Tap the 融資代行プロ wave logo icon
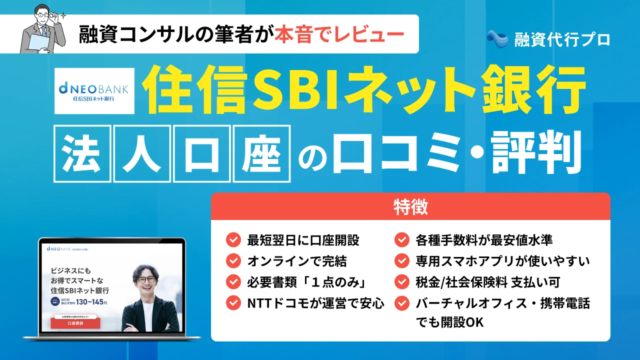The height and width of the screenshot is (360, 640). pyautogui.click(x=497, y=38)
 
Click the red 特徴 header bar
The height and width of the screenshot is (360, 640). pyautogui.click(x=410, y=206)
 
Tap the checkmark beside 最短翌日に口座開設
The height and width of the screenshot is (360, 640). pyautogui.click(x=233, y=240)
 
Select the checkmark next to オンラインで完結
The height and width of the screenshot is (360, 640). pyautogui.click(x=233, y=261)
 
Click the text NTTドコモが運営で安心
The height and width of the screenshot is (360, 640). pyautogui.click(x=315, y=302)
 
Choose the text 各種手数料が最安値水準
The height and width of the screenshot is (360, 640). pyautogui.click(x=484, y=240)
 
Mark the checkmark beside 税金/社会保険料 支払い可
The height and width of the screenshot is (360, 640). pyautogui.click(x=402, y=282)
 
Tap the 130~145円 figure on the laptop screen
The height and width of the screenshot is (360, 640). pyautogui.click(x=91, y=302)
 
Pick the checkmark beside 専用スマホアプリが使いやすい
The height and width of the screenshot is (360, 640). pyautogui.click(x=402, y=261)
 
